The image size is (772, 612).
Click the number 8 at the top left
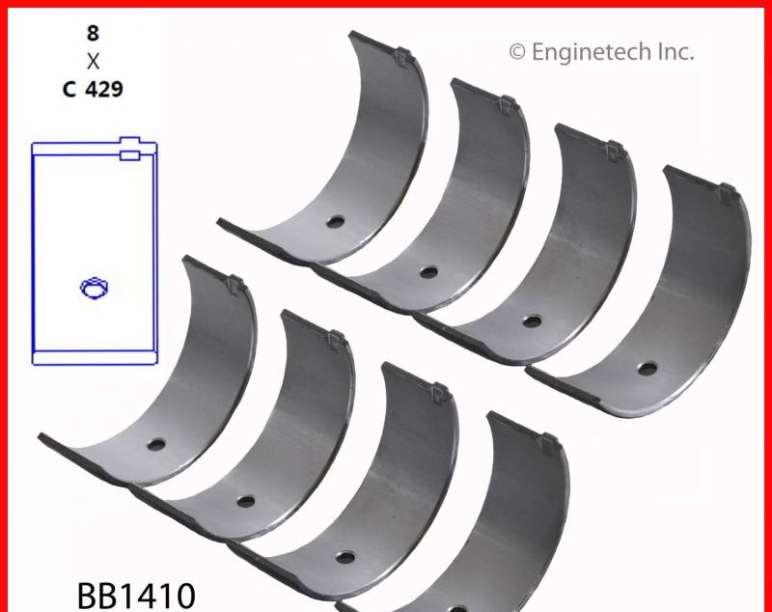click(93, 34)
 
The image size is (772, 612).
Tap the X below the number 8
click(93, 62)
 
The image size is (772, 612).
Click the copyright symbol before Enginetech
click(517, 52)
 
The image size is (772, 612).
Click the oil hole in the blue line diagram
click(96, 286)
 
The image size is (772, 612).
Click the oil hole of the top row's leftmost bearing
click(334, 221)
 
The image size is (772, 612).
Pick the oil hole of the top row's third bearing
click(531, 320)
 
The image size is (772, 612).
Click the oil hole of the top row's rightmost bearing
click(647, 368)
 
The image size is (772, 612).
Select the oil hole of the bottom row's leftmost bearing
click(155, 447)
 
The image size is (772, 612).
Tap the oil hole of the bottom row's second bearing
click(245, 501)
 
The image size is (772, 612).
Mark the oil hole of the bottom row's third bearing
click(344, 557)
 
